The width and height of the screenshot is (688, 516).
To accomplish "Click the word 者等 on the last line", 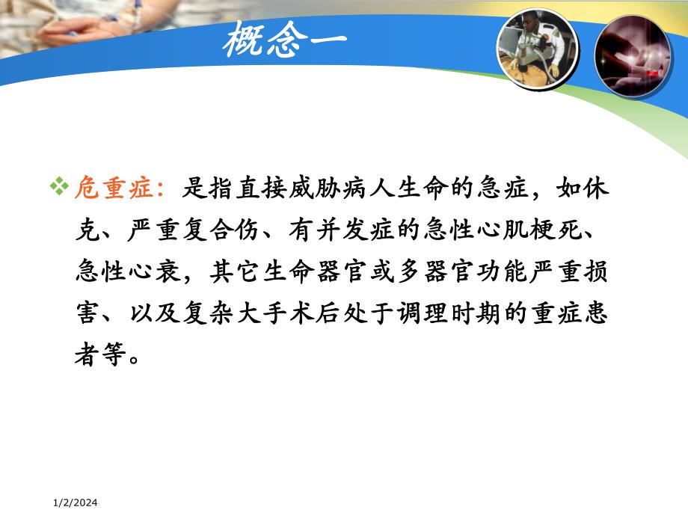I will click(x=96, y=356).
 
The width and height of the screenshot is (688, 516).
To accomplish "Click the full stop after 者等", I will click(x=132, y=357).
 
